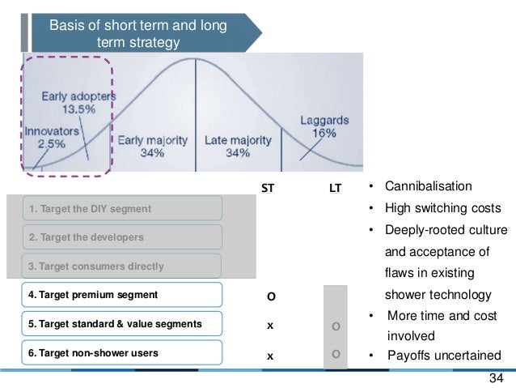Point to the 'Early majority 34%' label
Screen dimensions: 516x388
[x=153, y=147]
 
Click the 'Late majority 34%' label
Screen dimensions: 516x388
[x=238, y=147]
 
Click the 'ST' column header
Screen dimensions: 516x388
[x=270, y=189]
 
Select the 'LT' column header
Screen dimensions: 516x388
[x=335, y=189]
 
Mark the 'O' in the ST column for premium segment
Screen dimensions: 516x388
[x=271, y=296]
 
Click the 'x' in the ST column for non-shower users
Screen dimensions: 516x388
[x=271, y=355]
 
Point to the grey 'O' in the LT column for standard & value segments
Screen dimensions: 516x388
[x=335, y=326]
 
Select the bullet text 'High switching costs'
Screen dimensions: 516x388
[x=442, y=208]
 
